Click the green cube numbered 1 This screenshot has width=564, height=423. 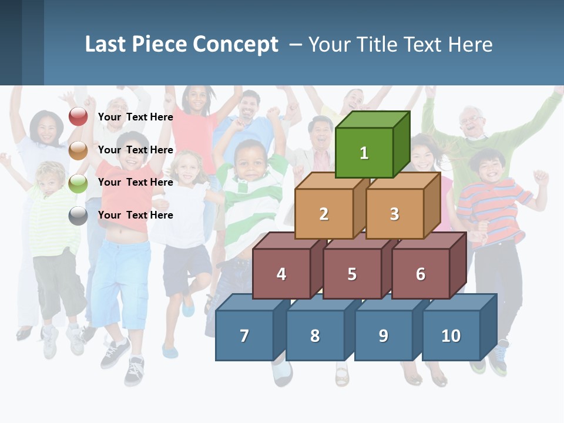364,153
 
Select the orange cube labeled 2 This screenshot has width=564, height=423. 324,214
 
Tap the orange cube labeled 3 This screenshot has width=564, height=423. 395,214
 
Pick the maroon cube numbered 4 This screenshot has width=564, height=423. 281,274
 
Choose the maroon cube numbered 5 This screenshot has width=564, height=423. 352,274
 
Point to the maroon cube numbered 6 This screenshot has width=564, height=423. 421,274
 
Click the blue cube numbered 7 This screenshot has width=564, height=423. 244,335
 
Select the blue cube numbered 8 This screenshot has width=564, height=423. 315,335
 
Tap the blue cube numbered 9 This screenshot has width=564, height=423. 384,335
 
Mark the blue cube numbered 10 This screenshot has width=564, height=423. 451,335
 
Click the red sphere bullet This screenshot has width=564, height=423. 78,117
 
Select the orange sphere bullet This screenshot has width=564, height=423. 78,150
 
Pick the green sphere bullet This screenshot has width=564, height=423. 78,183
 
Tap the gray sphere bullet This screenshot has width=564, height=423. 78,216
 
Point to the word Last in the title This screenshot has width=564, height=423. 106,45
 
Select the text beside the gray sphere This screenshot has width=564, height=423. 136,215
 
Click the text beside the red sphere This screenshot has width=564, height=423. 136,117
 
